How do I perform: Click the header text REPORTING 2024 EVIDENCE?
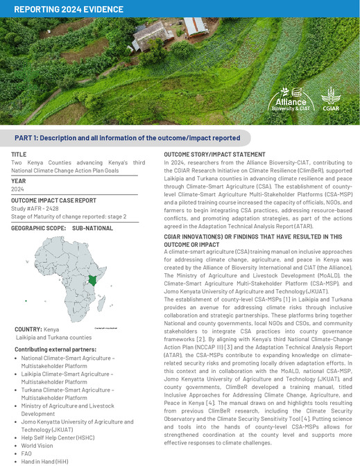68,9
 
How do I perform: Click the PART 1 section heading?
128,138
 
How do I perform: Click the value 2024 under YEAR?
18,188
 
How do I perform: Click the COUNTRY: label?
28,329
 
